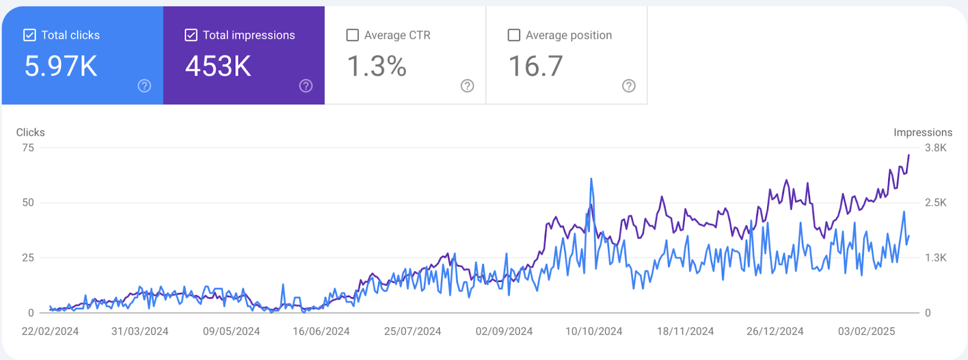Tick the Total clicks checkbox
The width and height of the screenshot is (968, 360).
tap(29, 35)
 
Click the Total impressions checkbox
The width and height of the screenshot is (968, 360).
tap(191, 35)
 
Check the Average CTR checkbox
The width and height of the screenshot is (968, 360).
tap(352, 35)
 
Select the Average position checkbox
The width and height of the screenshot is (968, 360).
tap(514, 35)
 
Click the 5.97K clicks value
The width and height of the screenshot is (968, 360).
tap(60, 66)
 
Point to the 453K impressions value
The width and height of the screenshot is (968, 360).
tap(218, 66)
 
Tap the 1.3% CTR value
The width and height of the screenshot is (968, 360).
tap(376, 66)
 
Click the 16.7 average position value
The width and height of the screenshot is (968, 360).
tap(535, 66)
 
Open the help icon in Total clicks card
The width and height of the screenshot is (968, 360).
tap(144, 86)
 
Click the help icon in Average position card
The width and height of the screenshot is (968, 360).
tap(629, 86)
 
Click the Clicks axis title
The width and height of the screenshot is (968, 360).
tap(30, 133)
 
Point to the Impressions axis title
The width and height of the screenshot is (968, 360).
tap(923, 133)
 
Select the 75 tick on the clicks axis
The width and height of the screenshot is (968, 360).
tap(28, 148)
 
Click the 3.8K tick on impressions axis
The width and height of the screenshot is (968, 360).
tap(935, 148)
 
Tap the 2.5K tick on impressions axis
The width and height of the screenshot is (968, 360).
tap(935, 203)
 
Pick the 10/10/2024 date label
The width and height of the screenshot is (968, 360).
tap(594, 332)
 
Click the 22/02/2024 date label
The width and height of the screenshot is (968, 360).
tap(50, 332)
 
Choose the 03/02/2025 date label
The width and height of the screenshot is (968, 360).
tap(866, 332)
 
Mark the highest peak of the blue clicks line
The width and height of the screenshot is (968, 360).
tap(591, 179)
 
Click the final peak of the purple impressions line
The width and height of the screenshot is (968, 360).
tap(908, 155)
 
